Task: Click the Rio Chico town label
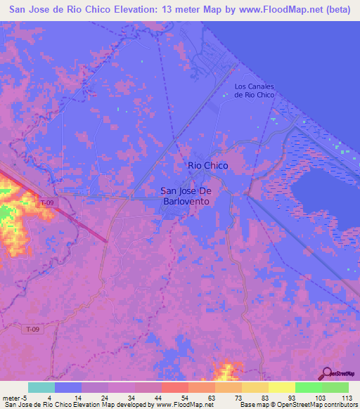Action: click(x=207, y=165)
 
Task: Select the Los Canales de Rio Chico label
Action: click(x=254, y=91)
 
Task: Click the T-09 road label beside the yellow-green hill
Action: click(x=47, y=202)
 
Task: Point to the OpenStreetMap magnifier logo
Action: click(x=326, y=375)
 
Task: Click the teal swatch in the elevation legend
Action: click(x=41, y=387)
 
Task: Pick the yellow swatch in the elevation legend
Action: click(x=282, y=387)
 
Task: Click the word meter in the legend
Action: click(x=11, y=397)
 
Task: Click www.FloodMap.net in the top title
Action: click(x=267, y=11)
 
